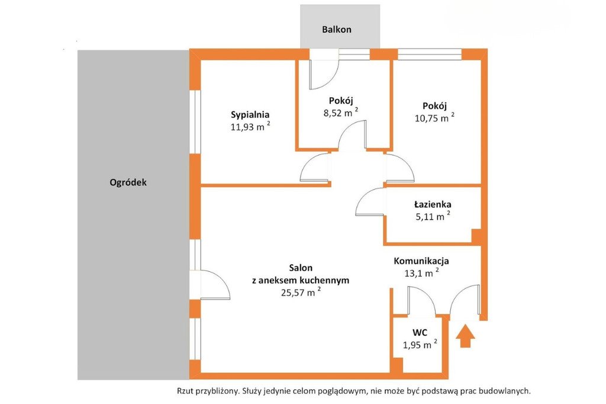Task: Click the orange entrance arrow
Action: tap(465, 336)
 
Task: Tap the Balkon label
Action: tap(337, 30)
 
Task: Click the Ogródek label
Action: tap(128, 182)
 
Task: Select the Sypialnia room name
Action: tap(250, 115)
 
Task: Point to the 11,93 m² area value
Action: tap(250, 126)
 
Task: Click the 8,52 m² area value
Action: tap(340, 112)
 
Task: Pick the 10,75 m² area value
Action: tap(434, 118)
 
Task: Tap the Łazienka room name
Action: tap(433, 204)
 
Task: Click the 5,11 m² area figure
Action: tap(433, 216)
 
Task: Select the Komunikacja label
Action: tap(421, 261)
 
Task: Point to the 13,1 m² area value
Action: tap(421, 272)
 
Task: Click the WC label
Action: tap(420, 332)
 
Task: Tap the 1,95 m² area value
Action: tap(420, 344)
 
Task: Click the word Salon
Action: tap(301, 268)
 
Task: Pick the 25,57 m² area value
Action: tap(301, 292)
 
